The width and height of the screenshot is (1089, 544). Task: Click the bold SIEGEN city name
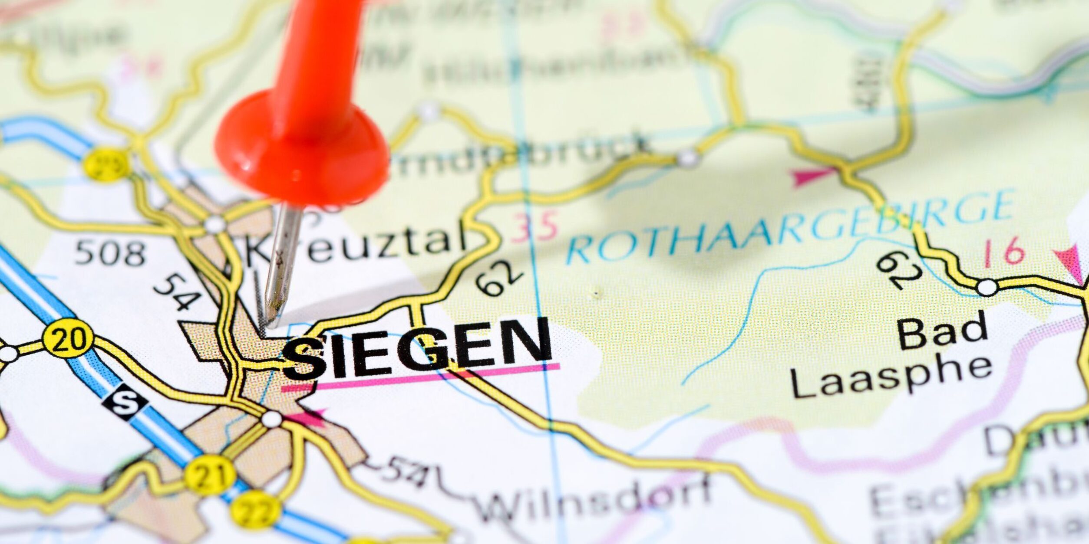(x=417, y=350)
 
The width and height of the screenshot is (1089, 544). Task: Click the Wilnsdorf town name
(x=595, y=499)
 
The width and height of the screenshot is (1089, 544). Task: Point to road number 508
(x=110, y=254)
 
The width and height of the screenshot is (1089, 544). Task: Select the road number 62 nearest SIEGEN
(x=499, y=278)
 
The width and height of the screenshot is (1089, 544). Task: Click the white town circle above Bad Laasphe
(x=987, y=288)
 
